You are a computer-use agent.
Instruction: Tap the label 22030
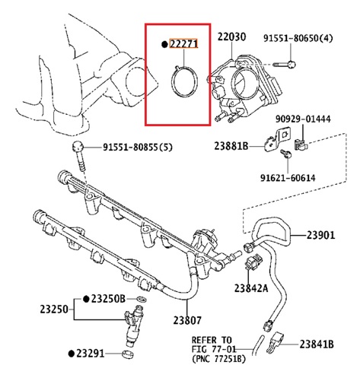[232, 36]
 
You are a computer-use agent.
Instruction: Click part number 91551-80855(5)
[130, 148]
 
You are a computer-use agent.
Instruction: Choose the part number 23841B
[317, 344]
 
